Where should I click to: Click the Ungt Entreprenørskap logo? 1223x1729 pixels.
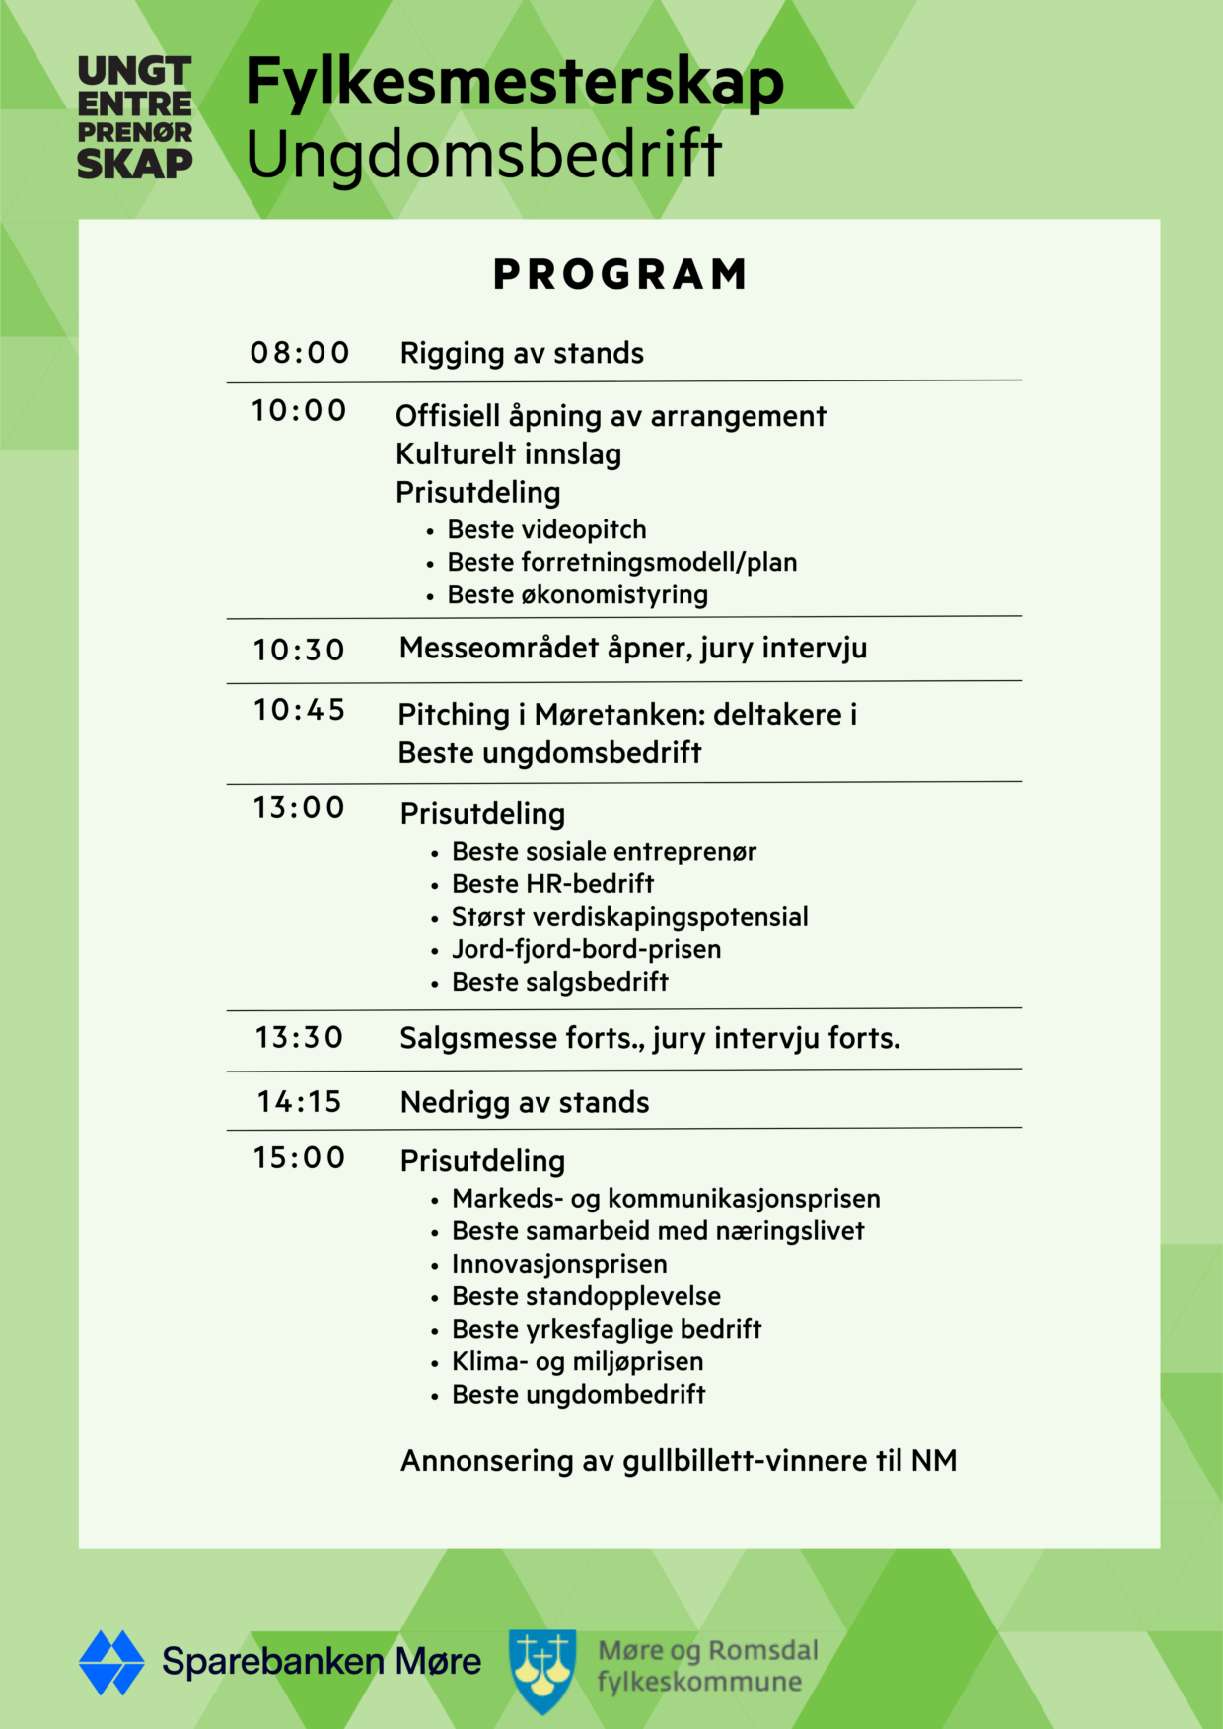(x=135, y=118)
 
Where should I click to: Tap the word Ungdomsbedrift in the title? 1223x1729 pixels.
(x=483, y=155)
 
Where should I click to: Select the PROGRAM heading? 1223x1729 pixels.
(x=620, y=274)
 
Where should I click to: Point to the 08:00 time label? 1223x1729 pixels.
(x=300, y=352)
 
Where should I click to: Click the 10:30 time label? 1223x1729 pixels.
(x=299, y=650)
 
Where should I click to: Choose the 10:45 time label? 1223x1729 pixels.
(x=299, y=709)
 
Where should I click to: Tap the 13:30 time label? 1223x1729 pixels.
(x=299, y=1037)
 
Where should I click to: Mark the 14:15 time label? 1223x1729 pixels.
(x=299, y=1101)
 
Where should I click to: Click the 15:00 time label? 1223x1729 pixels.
(x=299, y=1157)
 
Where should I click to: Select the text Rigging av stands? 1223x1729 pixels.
(x=522, y=353)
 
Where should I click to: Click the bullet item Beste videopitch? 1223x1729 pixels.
(x=546, y=529)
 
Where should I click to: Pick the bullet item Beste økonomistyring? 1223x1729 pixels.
(x=577, y=594)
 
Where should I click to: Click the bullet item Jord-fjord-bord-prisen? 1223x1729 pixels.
(x=586, y=949)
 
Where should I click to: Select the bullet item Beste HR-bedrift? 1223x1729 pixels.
(x=552, y=883)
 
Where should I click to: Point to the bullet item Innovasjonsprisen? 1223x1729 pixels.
(x=559, y=1264)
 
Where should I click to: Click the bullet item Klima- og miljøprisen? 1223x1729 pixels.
(x=577, y=1361)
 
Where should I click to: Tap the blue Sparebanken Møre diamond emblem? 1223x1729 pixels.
(x=111, y=1662)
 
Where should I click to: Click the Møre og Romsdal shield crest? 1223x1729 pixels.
(x=542, y=1670)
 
